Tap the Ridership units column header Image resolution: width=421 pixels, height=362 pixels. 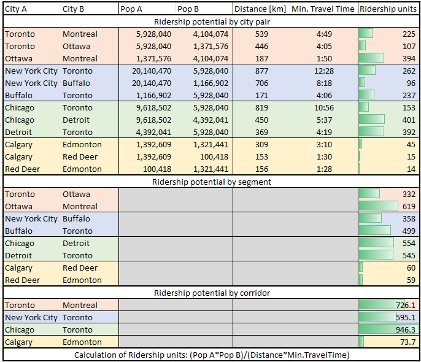tap(388, 9)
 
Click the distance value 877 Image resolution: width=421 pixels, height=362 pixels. tap(261, 71)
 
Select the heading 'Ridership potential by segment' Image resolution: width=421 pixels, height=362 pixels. tap(212, 182)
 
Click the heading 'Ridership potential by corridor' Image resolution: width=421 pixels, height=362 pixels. tap(212, 293)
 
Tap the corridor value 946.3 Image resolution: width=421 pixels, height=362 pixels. tap(404, 329)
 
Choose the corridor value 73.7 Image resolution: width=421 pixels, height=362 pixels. tap(407, 342)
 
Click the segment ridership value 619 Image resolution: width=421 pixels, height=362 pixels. tap(409, 206)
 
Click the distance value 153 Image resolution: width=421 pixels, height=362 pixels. tap(261, 156)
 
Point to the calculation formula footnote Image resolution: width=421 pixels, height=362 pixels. tap(212, 355)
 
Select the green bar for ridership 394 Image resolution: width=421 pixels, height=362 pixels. tap(371, 58)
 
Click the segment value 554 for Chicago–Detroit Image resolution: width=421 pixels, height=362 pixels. tap(409, 243)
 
